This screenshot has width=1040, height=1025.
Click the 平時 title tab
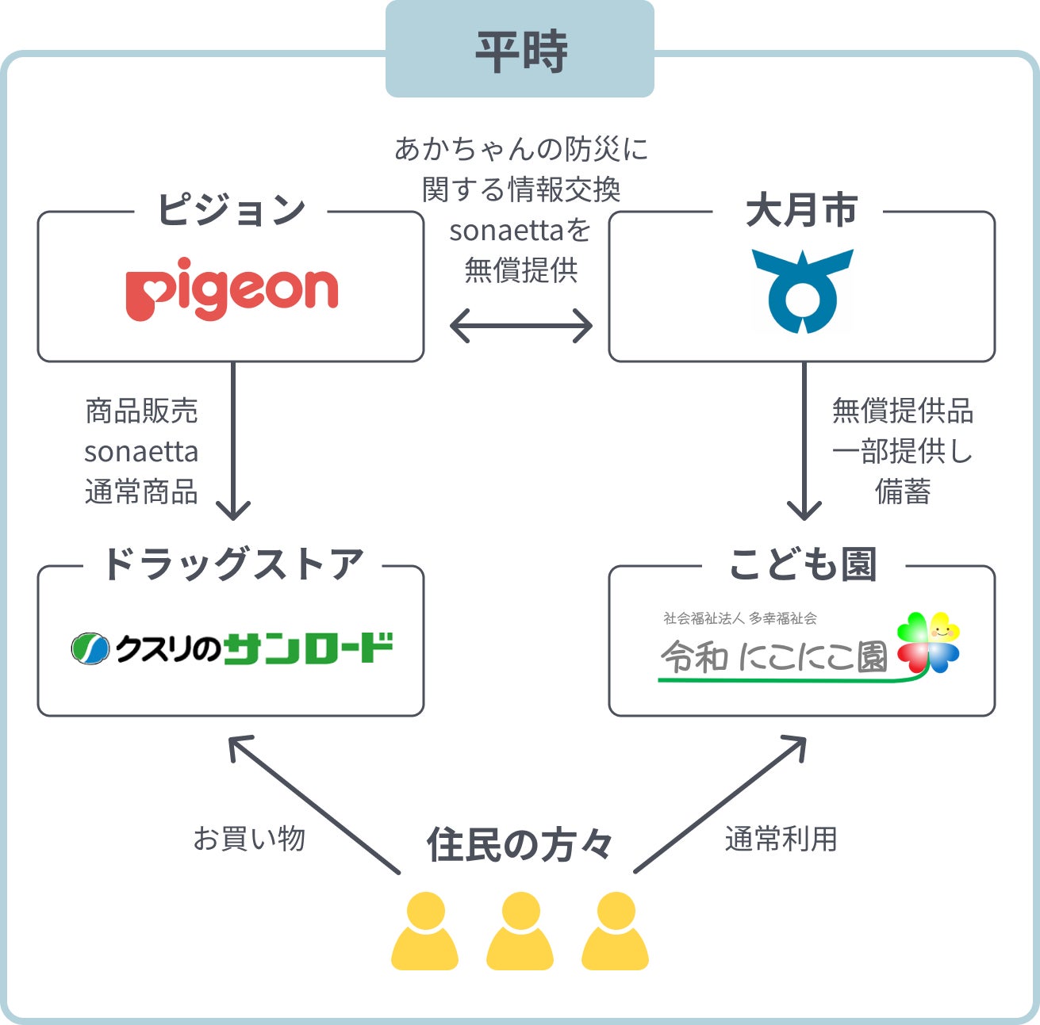(520, 50)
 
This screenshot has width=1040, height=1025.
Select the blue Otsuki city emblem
(802, 290)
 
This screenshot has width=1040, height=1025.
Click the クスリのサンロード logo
(232, 648)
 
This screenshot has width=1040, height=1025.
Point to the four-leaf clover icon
(928, 643)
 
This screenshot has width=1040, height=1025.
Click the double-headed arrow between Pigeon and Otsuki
(520, 326)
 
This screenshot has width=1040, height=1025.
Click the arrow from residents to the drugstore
(313, 805)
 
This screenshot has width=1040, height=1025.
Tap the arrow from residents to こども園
(720, 805)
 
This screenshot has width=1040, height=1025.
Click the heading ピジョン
(231, 211)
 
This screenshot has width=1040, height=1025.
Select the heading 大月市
(802, 211)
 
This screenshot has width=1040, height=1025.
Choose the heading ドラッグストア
(232, 565)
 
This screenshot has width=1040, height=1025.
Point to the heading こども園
(803, 565)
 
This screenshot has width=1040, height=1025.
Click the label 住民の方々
(520, 844)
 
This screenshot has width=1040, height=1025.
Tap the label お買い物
(249, 838)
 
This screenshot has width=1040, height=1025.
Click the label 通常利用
(781, 838)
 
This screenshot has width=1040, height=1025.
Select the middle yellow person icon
(520, 931)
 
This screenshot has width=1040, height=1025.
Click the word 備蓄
(902, 491)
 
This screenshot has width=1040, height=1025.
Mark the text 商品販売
(141, 411)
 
